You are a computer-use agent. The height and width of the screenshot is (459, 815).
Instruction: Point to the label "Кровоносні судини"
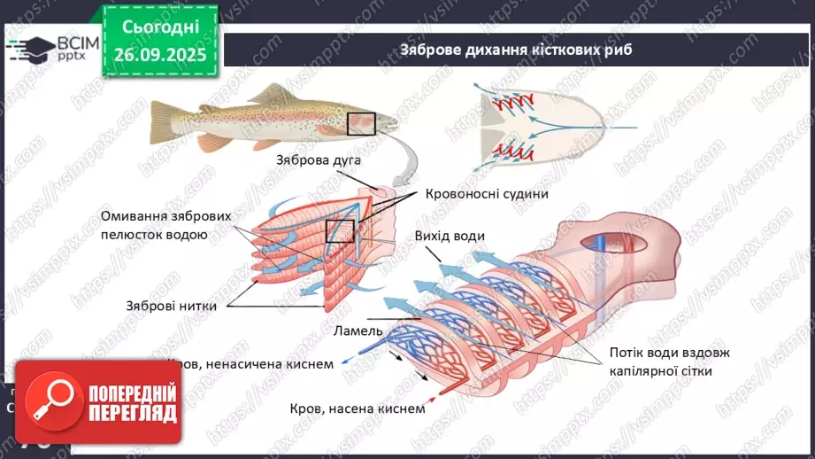487,194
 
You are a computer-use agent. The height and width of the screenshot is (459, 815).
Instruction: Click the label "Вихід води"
449,236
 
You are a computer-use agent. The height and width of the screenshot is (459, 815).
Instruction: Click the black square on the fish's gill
361,123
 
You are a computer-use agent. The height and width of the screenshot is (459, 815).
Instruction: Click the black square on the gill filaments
340,231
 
